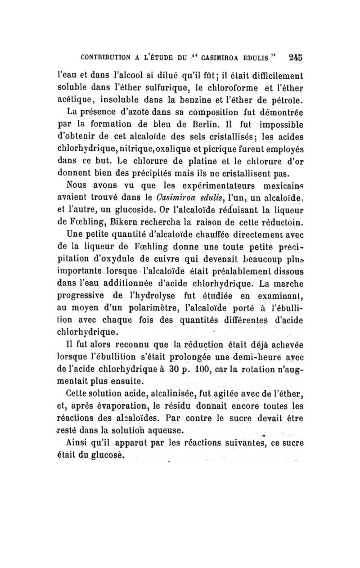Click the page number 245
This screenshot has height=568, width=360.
(296, 57)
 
